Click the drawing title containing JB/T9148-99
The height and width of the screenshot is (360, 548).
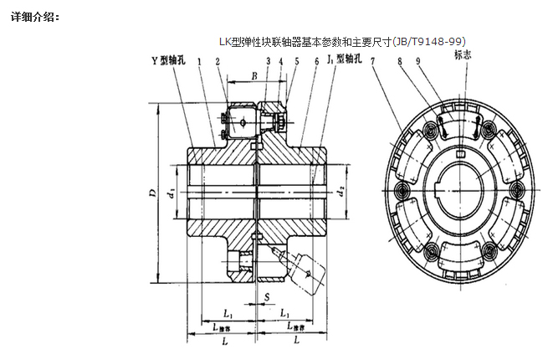pos(342,40)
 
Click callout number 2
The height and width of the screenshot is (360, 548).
pos(218,61)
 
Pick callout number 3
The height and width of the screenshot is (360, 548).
pos(268,61)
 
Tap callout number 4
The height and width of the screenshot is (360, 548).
pos(282,61)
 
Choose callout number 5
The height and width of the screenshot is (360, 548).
pos(296,61)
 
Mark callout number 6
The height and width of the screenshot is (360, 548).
pos(317,61)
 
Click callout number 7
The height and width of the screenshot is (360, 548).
pos(371,61)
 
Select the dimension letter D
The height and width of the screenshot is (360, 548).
pos(151,194)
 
